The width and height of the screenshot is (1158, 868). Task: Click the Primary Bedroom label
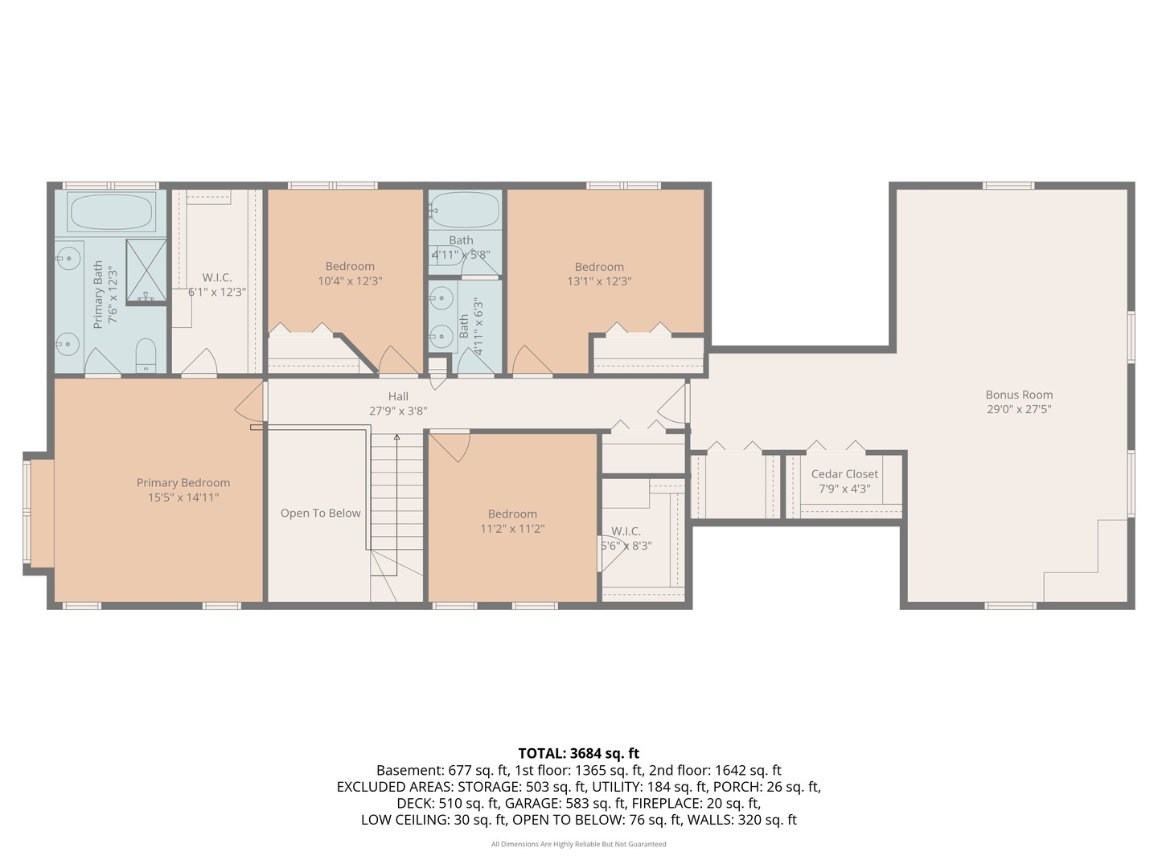[183, 483]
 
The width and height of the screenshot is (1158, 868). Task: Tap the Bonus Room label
[1019, 395]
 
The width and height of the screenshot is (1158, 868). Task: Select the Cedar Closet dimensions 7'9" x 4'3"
[844, 489]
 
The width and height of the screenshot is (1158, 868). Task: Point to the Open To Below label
[320, 514]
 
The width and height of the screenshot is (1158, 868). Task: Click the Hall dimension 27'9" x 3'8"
[398, 411]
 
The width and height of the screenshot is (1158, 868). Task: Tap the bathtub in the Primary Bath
[111, 211]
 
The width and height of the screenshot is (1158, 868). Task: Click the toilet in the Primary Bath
[146, 356]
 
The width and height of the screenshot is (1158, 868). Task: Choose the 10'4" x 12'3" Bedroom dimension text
[350, 281]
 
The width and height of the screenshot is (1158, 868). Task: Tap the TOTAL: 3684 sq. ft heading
[579, 753]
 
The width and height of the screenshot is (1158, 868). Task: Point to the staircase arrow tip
[396, 436]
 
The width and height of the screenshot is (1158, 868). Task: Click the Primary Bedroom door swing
[249, 400]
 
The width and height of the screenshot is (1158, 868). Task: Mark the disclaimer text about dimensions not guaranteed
[579, 844]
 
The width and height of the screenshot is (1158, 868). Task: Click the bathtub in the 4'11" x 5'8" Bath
[465, 209]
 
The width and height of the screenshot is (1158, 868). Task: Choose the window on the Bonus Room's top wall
[1008, 186]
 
